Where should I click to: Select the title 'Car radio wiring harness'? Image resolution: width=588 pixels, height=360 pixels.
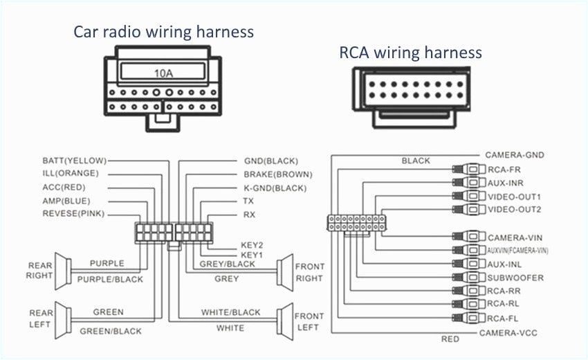click(x=163, y=32)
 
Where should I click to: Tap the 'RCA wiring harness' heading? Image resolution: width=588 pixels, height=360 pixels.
click(x=410, y=53)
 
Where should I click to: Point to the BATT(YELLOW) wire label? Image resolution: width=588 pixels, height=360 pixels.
click(x=75, y=161)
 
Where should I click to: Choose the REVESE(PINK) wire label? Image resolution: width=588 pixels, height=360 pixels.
click(x=73, y=214)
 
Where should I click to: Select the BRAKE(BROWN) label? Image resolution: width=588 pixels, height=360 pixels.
click(x=277, y=174)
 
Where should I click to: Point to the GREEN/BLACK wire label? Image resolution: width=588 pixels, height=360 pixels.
click(x=110, y=331)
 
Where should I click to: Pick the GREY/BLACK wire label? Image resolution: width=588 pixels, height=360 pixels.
click(x=227, y=264)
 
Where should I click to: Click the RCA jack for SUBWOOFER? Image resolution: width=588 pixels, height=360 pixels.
click(x=468, y=278)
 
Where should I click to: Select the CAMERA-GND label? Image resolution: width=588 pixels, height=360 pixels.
click(x=515, y=155)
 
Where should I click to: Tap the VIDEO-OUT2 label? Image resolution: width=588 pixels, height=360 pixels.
click(x=514, y=209)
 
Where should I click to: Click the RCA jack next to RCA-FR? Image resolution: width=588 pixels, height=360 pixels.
click(x=468, y=169)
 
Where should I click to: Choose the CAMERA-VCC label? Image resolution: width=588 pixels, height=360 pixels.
click(x=508, y=333)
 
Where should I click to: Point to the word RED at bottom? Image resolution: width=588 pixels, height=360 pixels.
click(x=450, y=339)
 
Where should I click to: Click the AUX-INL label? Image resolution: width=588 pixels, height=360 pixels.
click(x=505, y=264)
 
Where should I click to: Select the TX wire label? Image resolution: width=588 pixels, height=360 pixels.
click(x=249, y=201)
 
